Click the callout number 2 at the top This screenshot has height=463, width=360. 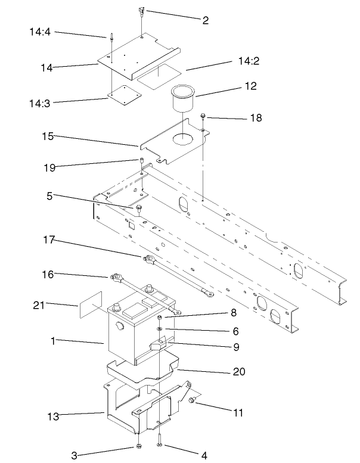(205, 20)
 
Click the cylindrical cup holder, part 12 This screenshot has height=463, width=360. (184, 98)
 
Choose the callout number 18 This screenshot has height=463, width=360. (255, 119)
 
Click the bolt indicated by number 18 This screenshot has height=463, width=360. (204, 116)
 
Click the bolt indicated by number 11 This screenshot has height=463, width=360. (191, 403)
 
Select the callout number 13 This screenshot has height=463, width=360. (53, 417)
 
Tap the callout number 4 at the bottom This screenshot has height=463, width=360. (204, 456)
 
